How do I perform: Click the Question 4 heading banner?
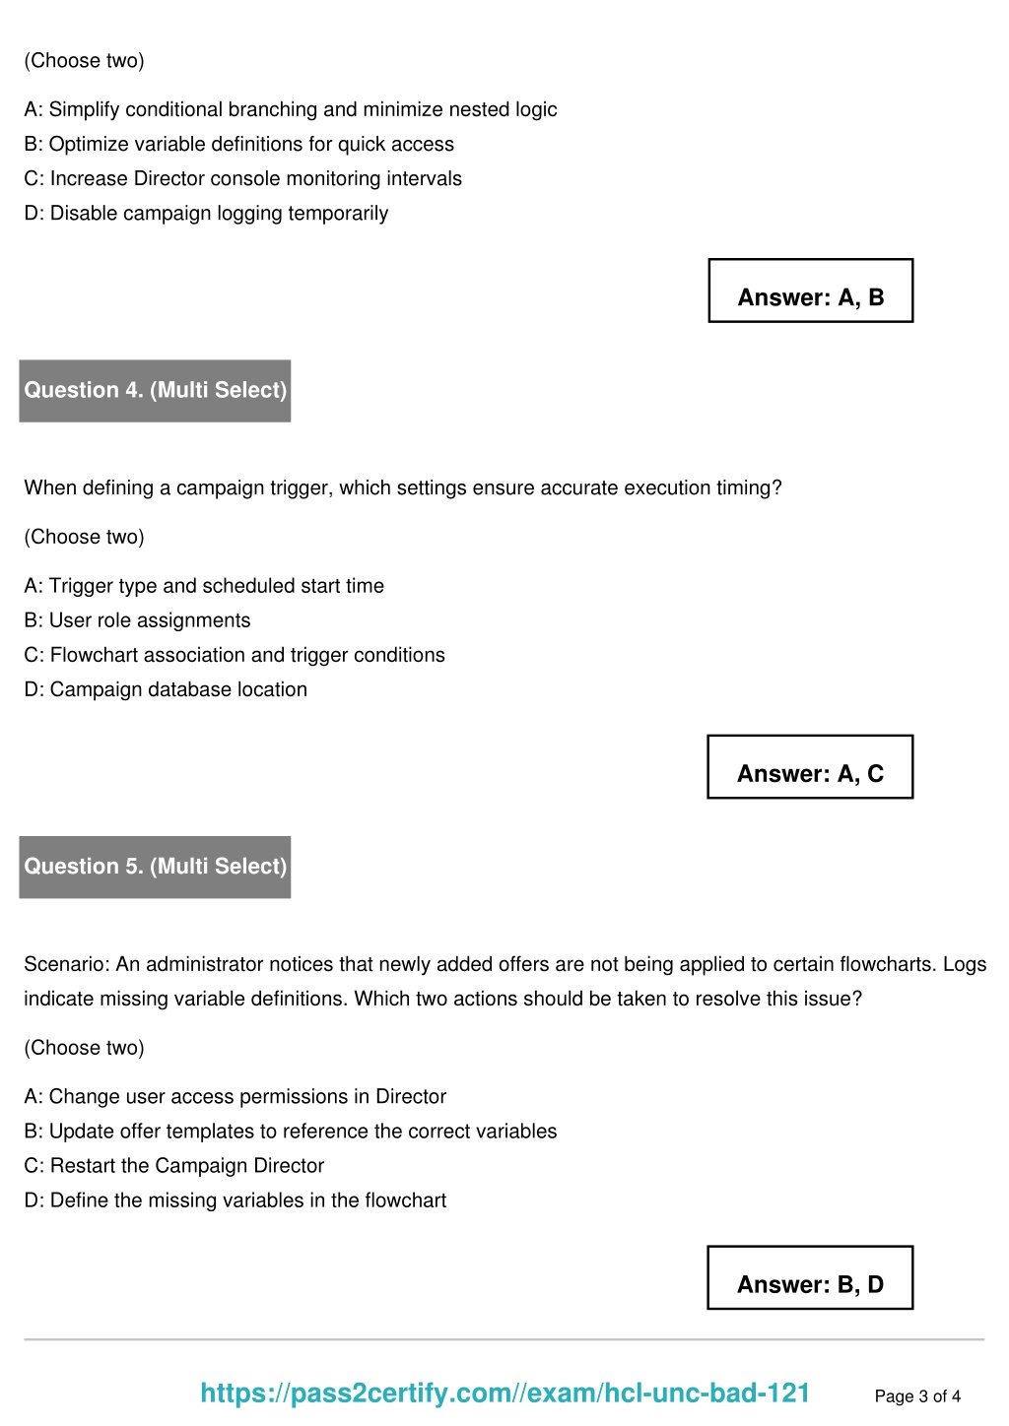tap(155, 390)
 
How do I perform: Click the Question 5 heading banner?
tap(155, 867)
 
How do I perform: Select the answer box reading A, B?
tap(810, 292)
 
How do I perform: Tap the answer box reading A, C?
tap(810, 767)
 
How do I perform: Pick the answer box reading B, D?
tap(810, 1278)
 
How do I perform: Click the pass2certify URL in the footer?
tap(504, 1393)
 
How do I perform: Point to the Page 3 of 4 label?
tap(917, 1396)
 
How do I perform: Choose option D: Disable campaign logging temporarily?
tap(206, 214)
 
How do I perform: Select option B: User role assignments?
tap(137, 620)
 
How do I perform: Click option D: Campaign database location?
tap(166, 689)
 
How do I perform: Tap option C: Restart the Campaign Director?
tap(173, 1166)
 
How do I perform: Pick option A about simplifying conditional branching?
tap(290, 109)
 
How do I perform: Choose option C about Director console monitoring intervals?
tap(242, 178)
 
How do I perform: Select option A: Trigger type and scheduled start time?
tap(204, 586)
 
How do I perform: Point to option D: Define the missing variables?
tap(235, 1200)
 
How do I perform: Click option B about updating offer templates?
tap(290, 1132)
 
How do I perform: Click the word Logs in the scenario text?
tap(964, 964)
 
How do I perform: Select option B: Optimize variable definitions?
tap(238, 144)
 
